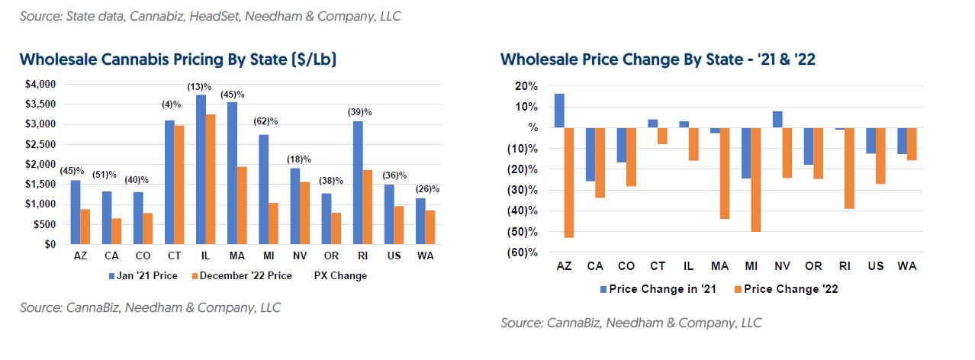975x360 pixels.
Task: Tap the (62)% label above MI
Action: tap(264, 121)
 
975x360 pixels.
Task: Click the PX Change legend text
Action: tap(340, 275)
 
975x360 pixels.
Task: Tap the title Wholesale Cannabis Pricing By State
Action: tap(178, 59)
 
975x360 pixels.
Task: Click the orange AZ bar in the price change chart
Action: tap(569, 182)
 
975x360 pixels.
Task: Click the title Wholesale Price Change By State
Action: tap(658, 59)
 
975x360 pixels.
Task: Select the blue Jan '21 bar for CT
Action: tap(170, 182)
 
